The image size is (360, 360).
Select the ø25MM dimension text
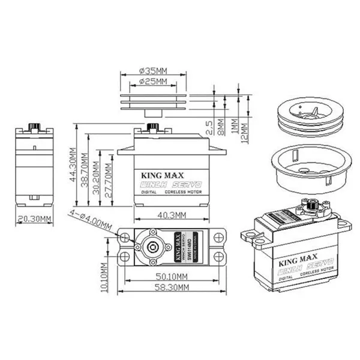(x=152, y=81)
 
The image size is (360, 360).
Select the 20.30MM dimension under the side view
(x=34, y=219)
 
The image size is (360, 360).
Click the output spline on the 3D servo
(x=311, y=206)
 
